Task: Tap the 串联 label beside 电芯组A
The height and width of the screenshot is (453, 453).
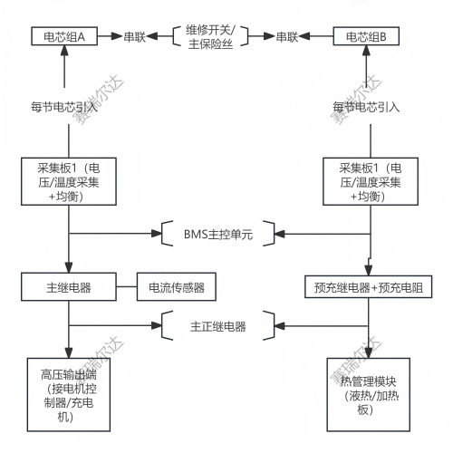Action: point(136,37)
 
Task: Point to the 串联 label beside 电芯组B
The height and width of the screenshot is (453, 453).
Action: point(288,37)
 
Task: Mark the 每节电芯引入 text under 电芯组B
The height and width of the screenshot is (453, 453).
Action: point(366,105)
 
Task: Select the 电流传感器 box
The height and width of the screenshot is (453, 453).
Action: point(177,288)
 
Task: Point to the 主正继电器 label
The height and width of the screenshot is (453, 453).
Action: point(218,325)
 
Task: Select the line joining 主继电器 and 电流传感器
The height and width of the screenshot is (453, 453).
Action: point(125,288)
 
